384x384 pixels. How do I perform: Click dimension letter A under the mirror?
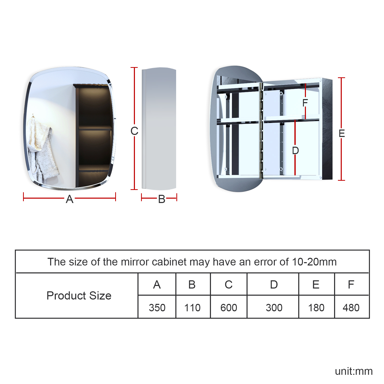pyautogui.click(x=70, y=199)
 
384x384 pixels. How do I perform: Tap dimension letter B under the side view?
pyautogui.click(x=162, y=199)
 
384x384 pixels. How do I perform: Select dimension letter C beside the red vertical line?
pyautogui.click(x=134, y=131)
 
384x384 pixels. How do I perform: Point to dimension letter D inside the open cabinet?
pyautogui.click(x=295, y=151)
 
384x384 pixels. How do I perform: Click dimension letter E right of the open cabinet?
pyautogui.click(x=342, y=133)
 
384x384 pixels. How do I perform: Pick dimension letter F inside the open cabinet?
pyautogui.click(x=305, y=103)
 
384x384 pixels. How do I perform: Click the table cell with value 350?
pyautogui.click(x=157, y=307)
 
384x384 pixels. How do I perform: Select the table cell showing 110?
pyautogui.click(x=193, y=307)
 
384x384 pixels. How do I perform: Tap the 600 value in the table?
pyautogui.click(x=229, y=307)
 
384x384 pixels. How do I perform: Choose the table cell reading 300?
pyautogui.click(x=274, y=307)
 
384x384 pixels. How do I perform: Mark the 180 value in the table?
pyautogui.click(x=316, y=307)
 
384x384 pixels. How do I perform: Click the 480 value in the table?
pyautogui.click(x=351, y=307)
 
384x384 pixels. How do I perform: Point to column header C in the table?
pyautogui.click(x=229, y=284)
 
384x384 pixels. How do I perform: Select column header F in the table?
pyautogui.click(x=351, y=284)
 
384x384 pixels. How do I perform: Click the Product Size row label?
pyautogui.click(x=79, y=296)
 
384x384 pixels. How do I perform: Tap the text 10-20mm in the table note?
pyautogui.click(x=314, y=262)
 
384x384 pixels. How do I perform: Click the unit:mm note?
pyautogui.click(x=354, y=371)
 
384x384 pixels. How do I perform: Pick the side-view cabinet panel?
pyautogui.click(x=159, y=129)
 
